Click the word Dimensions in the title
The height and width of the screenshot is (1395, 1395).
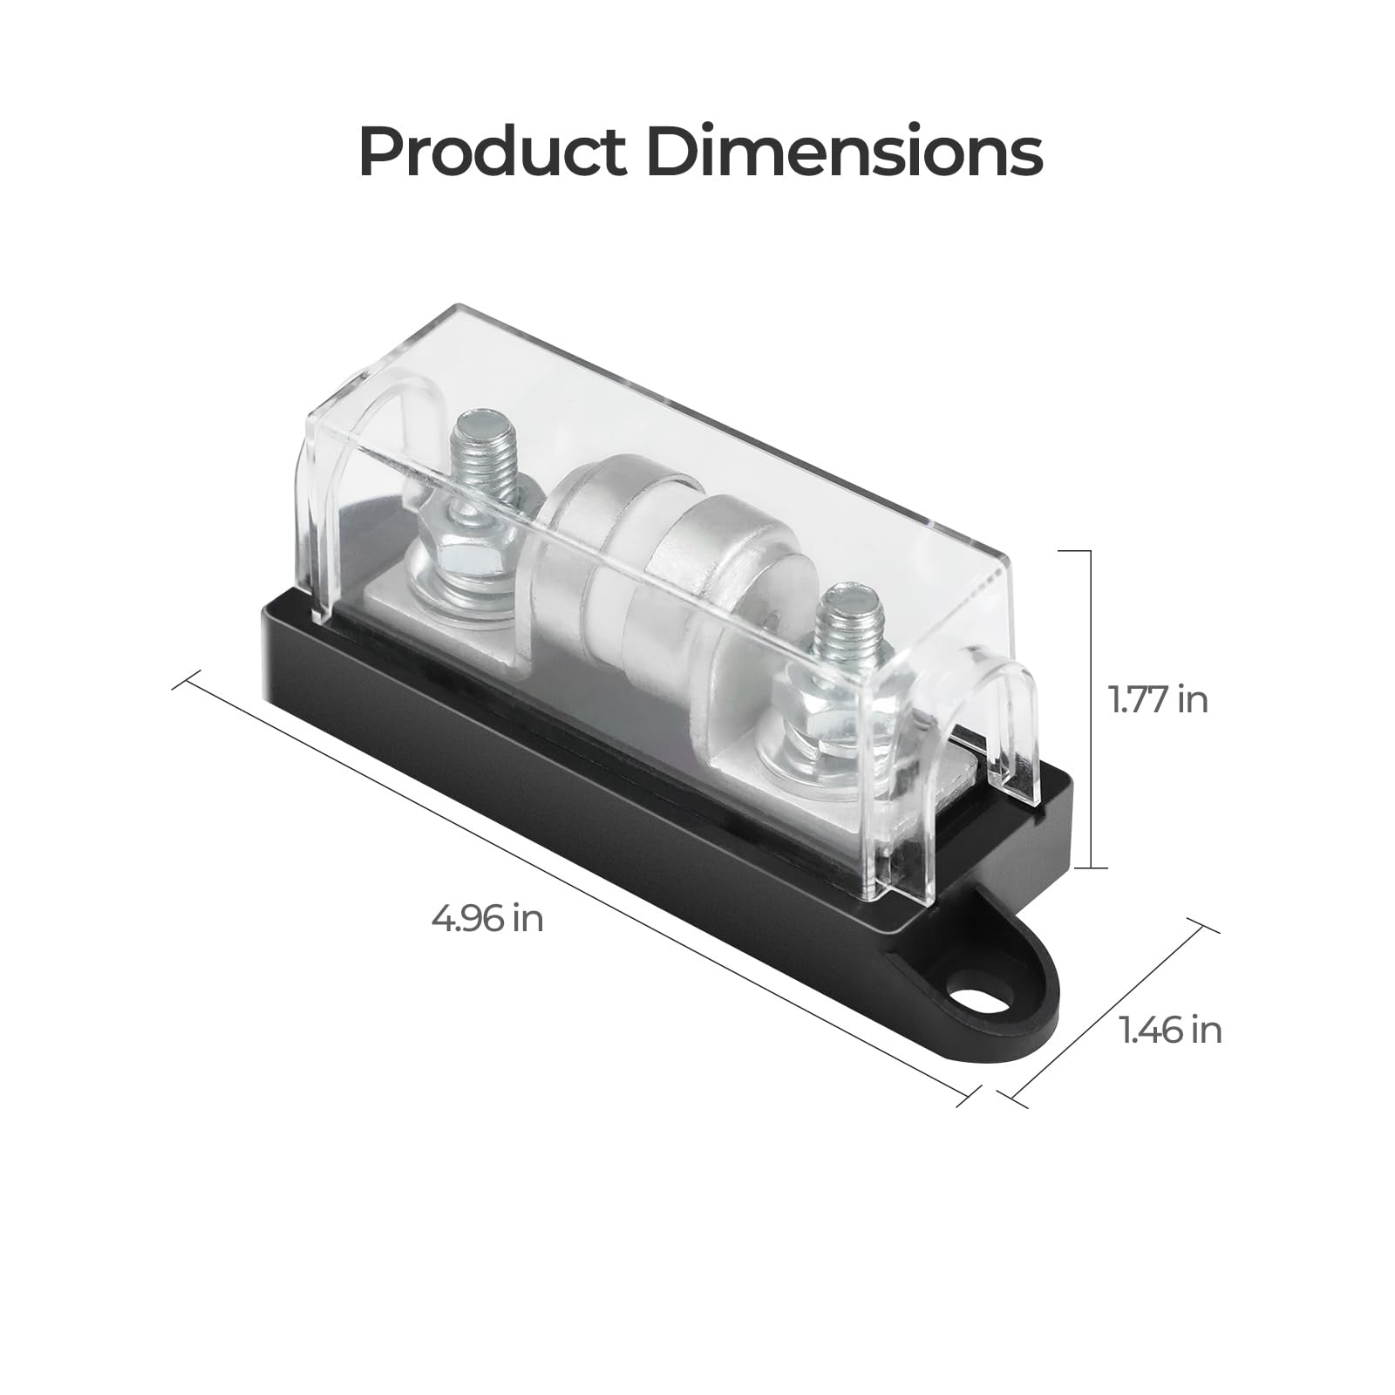pos(844,153)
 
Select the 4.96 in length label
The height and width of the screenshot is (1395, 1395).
pos(487,918)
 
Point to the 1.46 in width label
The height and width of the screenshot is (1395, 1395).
pos(1171,1031)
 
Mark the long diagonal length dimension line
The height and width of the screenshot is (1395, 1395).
pos(575,881)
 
